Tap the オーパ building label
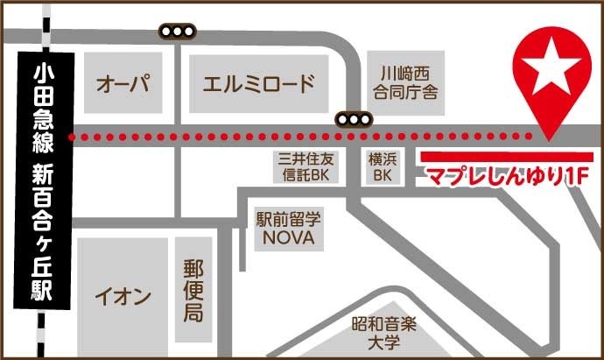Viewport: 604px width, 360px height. tap(123, 85)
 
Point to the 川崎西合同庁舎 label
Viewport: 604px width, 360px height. tap(404, 81)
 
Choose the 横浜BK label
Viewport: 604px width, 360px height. tap(383, 166)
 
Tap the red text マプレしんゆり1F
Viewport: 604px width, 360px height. tap(504, 176)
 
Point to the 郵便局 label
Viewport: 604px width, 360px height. tap(193, 290)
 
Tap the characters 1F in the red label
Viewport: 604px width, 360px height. tap(572, 176)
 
